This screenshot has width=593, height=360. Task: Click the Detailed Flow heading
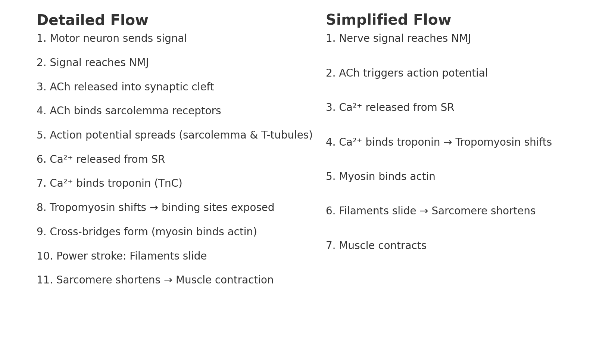click(92, 21)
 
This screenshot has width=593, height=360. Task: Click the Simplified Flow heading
click(388, 20)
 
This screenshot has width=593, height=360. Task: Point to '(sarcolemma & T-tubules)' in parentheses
click(246, 136)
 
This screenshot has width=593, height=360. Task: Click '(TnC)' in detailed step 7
click(168, 184)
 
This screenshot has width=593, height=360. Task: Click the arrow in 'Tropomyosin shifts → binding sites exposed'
click(154, 208)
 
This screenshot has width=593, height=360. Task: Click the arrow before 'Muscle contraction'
click(168, 280)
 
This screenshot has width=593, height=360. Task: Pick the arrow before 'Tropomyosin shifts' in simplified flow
click(447, 143)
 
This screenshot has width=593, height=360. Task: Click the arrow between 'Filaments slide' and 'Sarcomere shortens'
click(424, 211)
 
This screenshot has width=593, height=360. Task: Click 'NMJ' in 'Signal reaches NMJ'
click(139, 63)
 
